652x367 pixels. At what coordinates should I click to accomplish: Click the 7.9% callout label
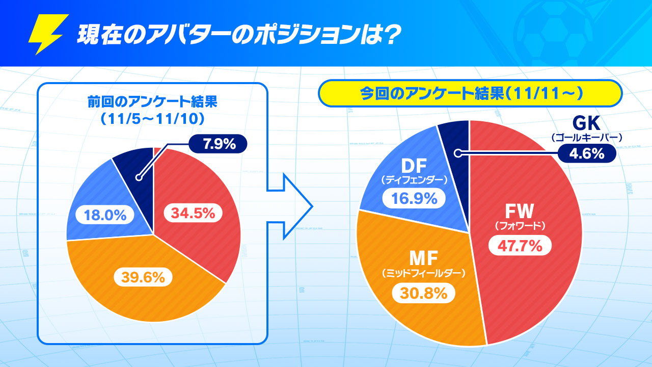coord(218,144)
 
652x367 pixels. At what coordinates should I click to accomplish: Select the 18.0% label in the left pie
coord(105,215)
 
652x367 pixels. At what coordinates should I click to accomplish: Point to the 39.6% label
coord(143,277)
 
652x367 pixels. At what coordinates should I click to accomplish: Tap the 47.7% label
coord(520,246)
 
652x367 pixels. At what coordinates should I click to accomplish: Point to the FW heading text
coord(520,211)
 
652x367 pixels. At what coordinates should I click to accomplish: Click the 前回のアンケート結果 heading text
coord(152,102)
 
